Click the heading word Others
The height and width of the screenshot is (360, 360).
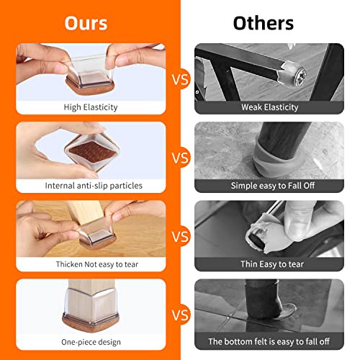pyautogui.click(x=264, y=22)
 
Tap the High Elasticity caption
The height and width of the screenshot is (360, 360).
pyautogui.click(x=90, y=107)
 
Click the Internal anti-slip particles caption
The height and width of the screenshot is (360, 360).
pyautogui.click(x=90, y=185)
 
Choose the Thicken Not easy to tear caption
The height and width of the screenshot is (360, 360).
pyautogui.click(x=90, y=264)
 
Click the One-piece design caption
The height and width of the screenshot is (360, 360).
pyautogui.click(x=90, y=341)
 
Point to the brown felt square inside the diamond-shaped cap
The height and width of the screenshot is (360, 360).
pyautogui.click(x=86, y=151)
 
